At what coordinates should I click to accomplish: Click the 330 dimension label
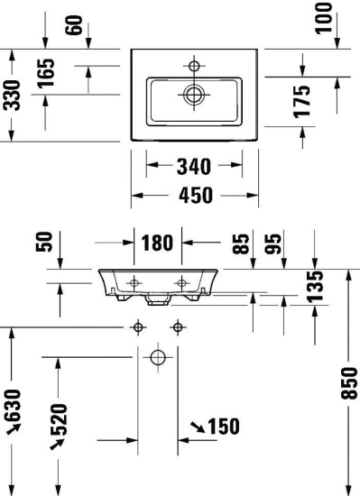pos(12,95)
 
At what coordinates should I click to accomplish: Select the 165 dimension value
pos(46,73)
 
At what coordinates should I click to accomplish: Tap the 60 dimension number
pos(74,25)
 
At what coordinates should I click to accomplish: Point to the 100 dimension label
pos(324,18)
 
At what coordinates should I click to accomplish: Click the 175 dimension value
pos(301,102)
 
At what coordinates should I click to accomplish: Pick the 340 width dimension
pos(193,167)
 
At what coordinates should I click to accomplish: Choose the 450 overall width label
pos(196,195)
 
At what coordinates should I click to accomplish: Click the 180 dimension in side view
pos(157,243)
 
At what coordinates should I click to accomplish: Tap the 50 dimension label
pos(44,242)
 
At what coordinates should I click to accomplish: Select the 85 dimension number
pos(241,243)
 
